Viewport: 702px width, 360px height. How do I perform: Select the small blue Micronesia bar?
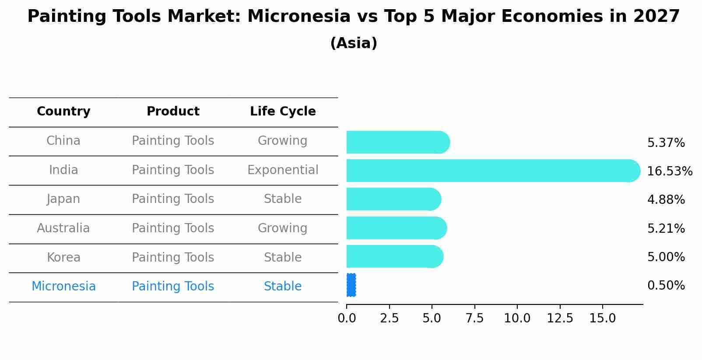pyautogui.click(x=351, y=285)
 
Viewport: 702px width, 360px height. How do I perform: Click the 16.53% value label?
pyautogui.click(x=669, y=171)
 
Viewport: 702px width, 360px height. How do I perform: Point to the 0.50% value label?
pyautogui.click(x=666, y=286)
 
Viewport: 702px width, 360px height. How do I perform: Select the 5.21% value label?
pyautogui.click(x=666, y=228)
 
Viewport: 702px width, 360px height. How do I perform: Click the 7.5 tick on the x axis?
pyautogui.click(x=474, y=318)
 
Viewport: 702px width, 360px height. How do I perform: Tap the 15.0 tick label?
pyautogui.click(x=602, y=318)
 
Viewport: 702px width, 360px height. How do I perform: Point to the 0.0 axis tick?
pyautogui.click(x=347, y=318)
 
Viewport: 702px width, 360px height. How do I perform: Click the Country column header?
pyautogui.click(x=63, y=112)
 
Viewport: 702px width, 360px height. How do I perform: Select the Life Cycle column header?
pyautogui.click(x=283, y=112)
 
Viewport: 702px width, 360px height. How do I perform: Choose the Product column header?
pyautogui.click(x=173, y=112)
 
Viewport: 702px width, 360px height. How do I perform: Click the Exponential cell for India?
pyautogui.click(x=283, y=170)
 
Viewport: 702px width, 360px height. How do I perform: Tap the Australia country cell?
pyautogui.click(x=63, y=228)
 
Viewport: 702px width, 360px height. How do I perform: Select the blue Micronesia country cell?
pyautogui.click(x=63, y=287)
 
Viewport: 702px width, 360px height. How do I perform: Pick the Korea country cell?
pyautogui.click(x=63, y=258)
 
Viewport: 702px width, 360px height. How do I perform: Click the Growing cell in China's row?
pyautogui.click(x=283, y=141)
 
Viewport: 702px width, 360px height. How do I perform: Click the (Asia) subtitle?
pyautogui.click(x=354, y=43)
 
